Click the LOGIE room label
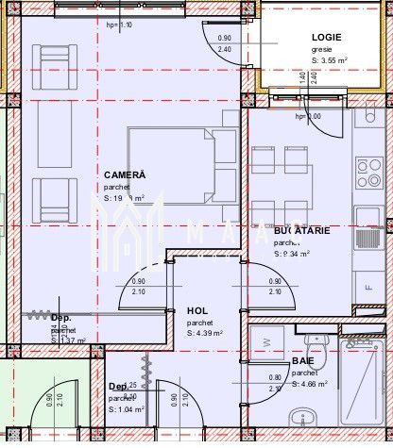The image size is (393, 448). [326, 37]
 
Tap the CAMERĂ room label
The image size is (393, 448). [125, 174]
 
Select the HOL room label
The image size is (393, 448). [196, 310]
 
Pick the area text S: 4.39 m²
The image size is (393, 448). [204, 333]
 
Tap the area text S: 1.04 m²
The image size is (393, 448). [128, 409]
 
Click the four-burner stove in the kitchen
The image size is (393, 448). [368, 172]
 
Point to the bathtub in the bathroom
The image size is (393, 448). [364, 387]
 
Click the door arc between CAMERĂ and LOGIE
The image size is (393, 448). [219, 42]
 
